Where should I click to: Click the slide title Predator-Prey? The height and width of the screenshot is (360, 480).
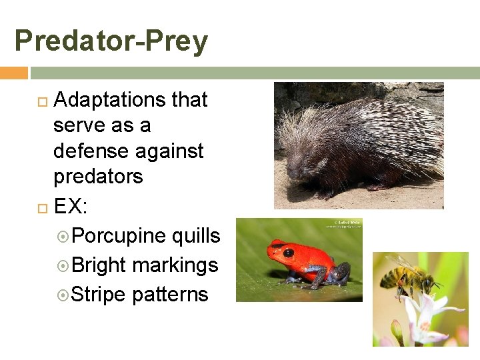(111, 41)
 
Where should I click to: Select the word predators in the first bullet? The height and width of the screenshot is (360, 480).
(98, 177)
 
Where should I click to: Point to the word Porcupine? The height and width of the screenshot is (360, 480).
(119, 236)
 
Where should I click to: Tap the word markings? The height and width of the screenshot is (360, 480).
(175, 265)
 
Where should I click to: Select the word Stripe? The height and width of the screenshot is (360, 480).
(97, 295)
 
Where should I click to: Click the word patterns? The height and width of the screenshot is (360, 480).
(171, 295)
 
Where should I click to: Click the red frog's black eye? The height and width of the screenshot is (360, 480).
(289, 253)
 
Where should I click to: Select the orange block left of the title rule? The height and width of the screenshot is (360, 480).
(13, 73)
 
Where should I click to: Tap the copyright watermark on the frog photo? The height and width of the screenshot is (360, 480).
(343, 225)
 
